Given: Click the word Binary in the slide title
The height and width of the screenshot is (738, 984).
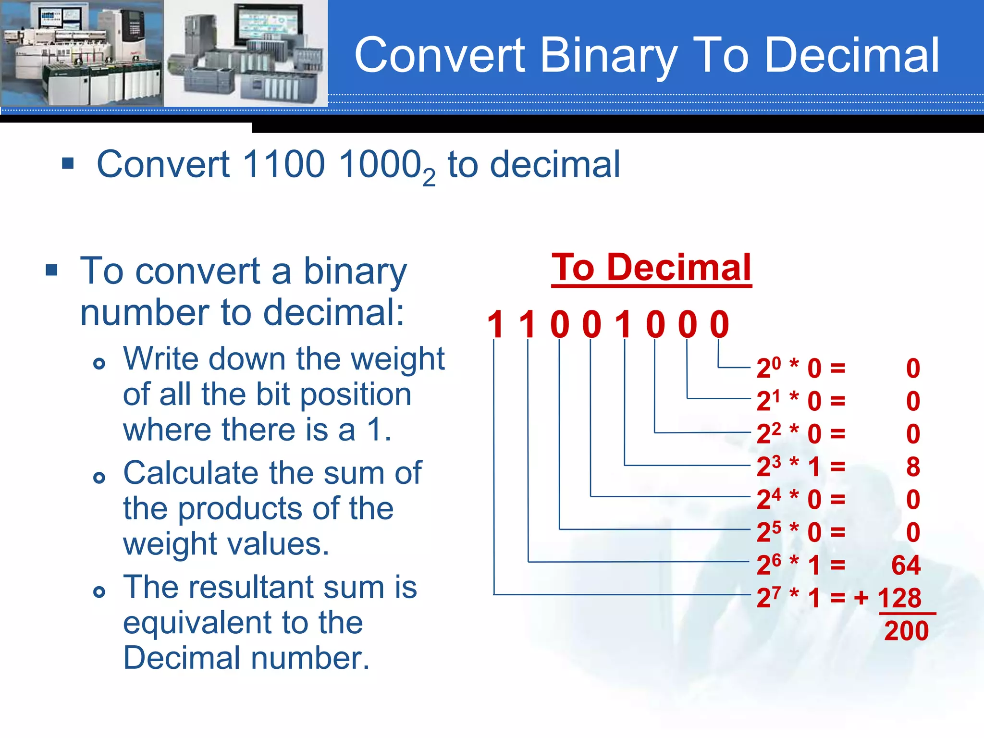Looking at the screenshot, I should coord(609,56).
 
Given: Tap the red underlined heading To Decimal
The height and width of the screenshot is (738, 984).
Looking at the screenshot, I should coord(651,268).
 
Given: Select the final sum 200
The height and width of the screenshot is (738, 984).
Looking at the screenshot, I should coord(906,631).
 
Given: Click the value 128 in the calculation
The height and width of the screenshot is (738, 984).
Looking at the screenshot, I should coord(899,598).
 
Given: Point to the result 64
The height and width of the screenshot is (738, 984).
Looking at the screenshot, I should coord(906,565).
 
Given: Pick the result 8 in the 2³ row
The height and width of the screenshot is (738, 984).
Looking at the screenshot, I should coord(913,467).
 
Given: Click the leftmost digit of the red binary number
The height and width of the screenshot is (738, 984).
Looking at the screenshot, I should coord(495,325).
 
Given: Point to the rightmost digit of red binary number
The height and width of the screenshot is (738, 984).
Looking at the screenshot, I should coord(719,325).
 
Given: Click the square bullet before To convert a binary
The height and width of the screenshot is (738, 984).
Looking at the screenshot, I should coord(52,270).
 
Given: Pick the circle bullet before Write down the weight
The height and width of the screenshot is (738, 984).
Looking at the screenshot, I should coord(99,364).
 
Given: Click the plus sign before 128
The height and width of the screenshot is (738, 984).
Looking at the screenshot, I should coord(861,598).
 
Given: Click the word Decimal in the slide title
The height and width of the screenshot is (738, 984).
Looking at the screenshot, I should coord(851,56).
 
